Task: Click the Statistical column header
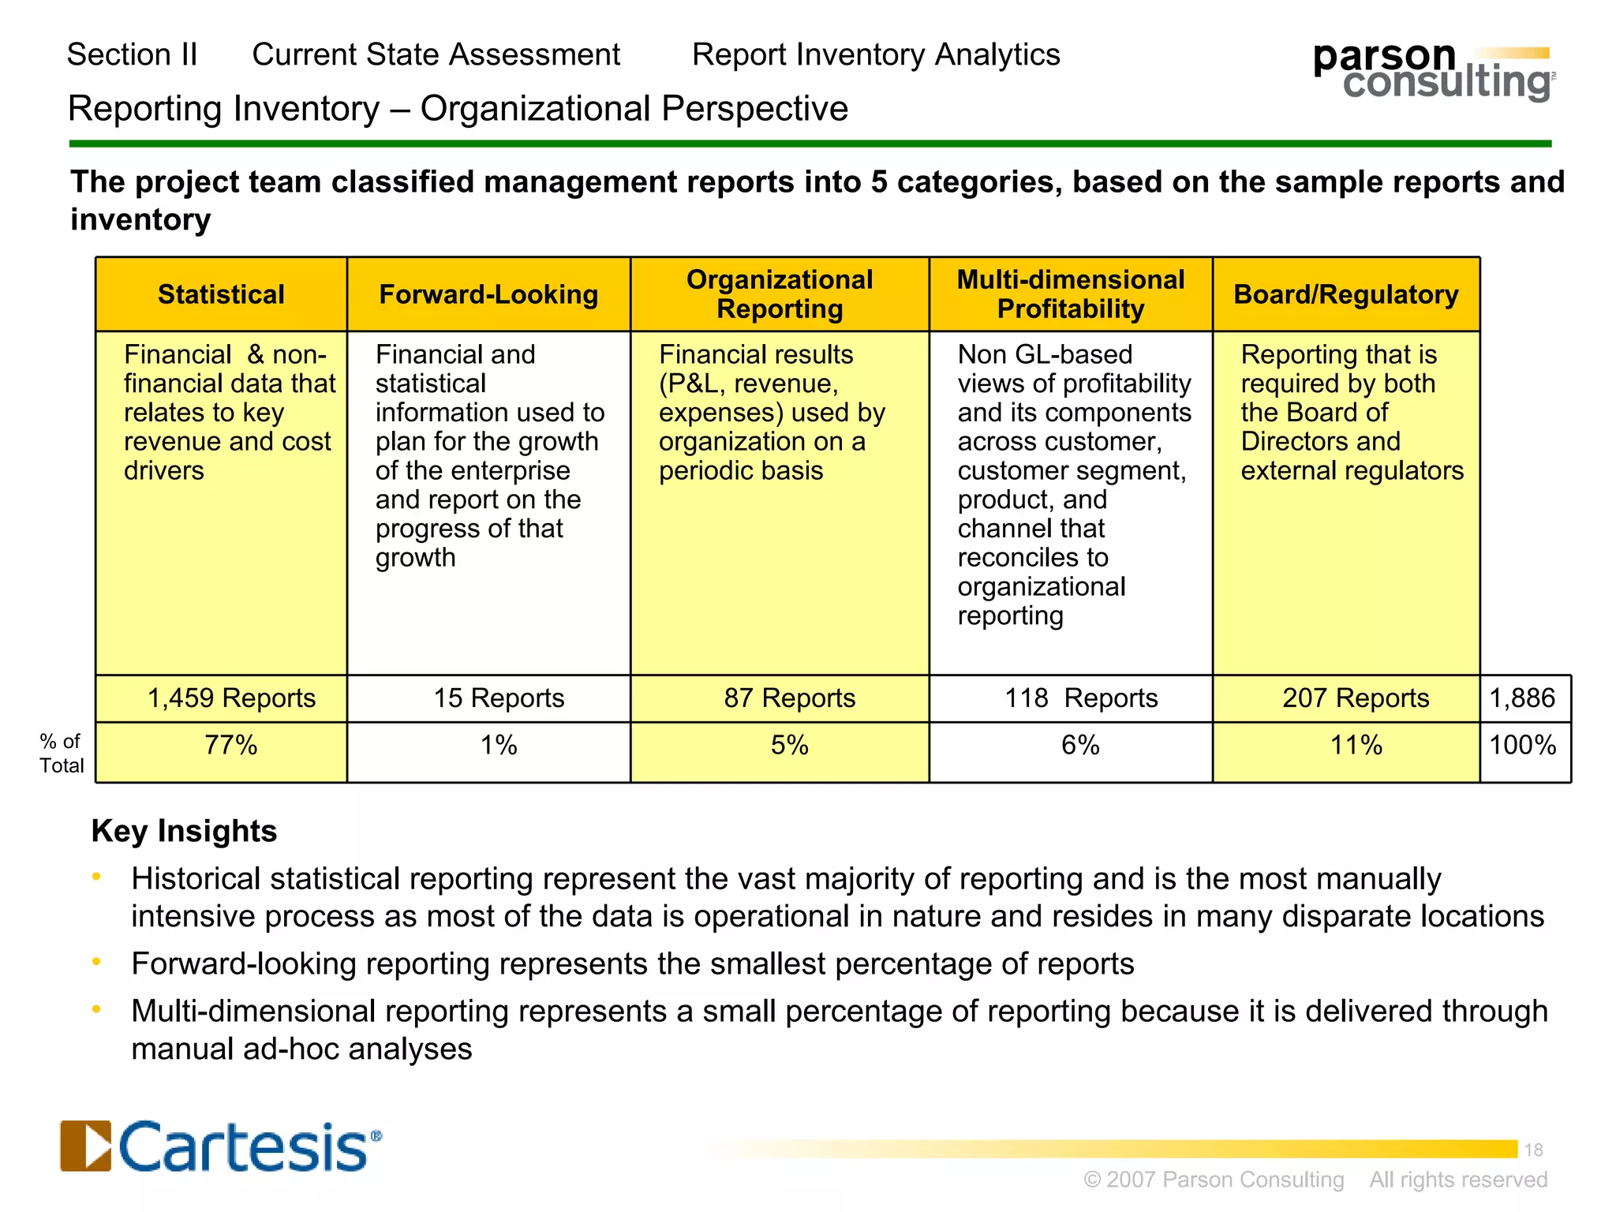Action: [x=221, y=294]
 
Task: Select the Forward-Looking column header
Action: [x=488, y=294]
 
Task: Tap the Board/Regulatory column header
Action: [x=1345, y=294]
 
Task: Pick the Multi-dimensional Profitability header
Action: [x=1070, y=294]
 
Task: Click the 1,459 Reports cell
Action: [x=231, y=698]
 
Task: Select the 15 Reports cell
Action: [x=499, y=698]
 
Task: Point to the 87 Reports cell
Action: [x=789, y=698]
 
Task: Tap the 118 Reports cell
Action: [x=1080, y=698]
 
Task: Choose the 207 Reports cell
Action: [x=1355, y=698]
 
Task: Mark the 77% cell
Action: [x=230, y=745]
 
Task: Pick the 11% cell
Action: [x=1356, y=745]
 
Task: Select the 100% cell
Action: [x=1522, y=745]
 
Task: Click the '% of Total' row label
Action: [x=62, y=754]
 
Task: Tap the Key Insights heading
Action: [x=184, y=831]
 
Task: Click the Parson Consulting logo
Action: [x=1433, y=72]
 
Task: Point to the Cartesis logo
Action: [x=221, y=1146]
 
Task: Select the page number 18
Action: [x=1533, y=1150]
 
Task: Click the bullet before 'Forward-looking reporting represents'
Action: [x=96, y=961]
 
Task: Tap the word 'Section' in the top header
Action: [x=118, y=54]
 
